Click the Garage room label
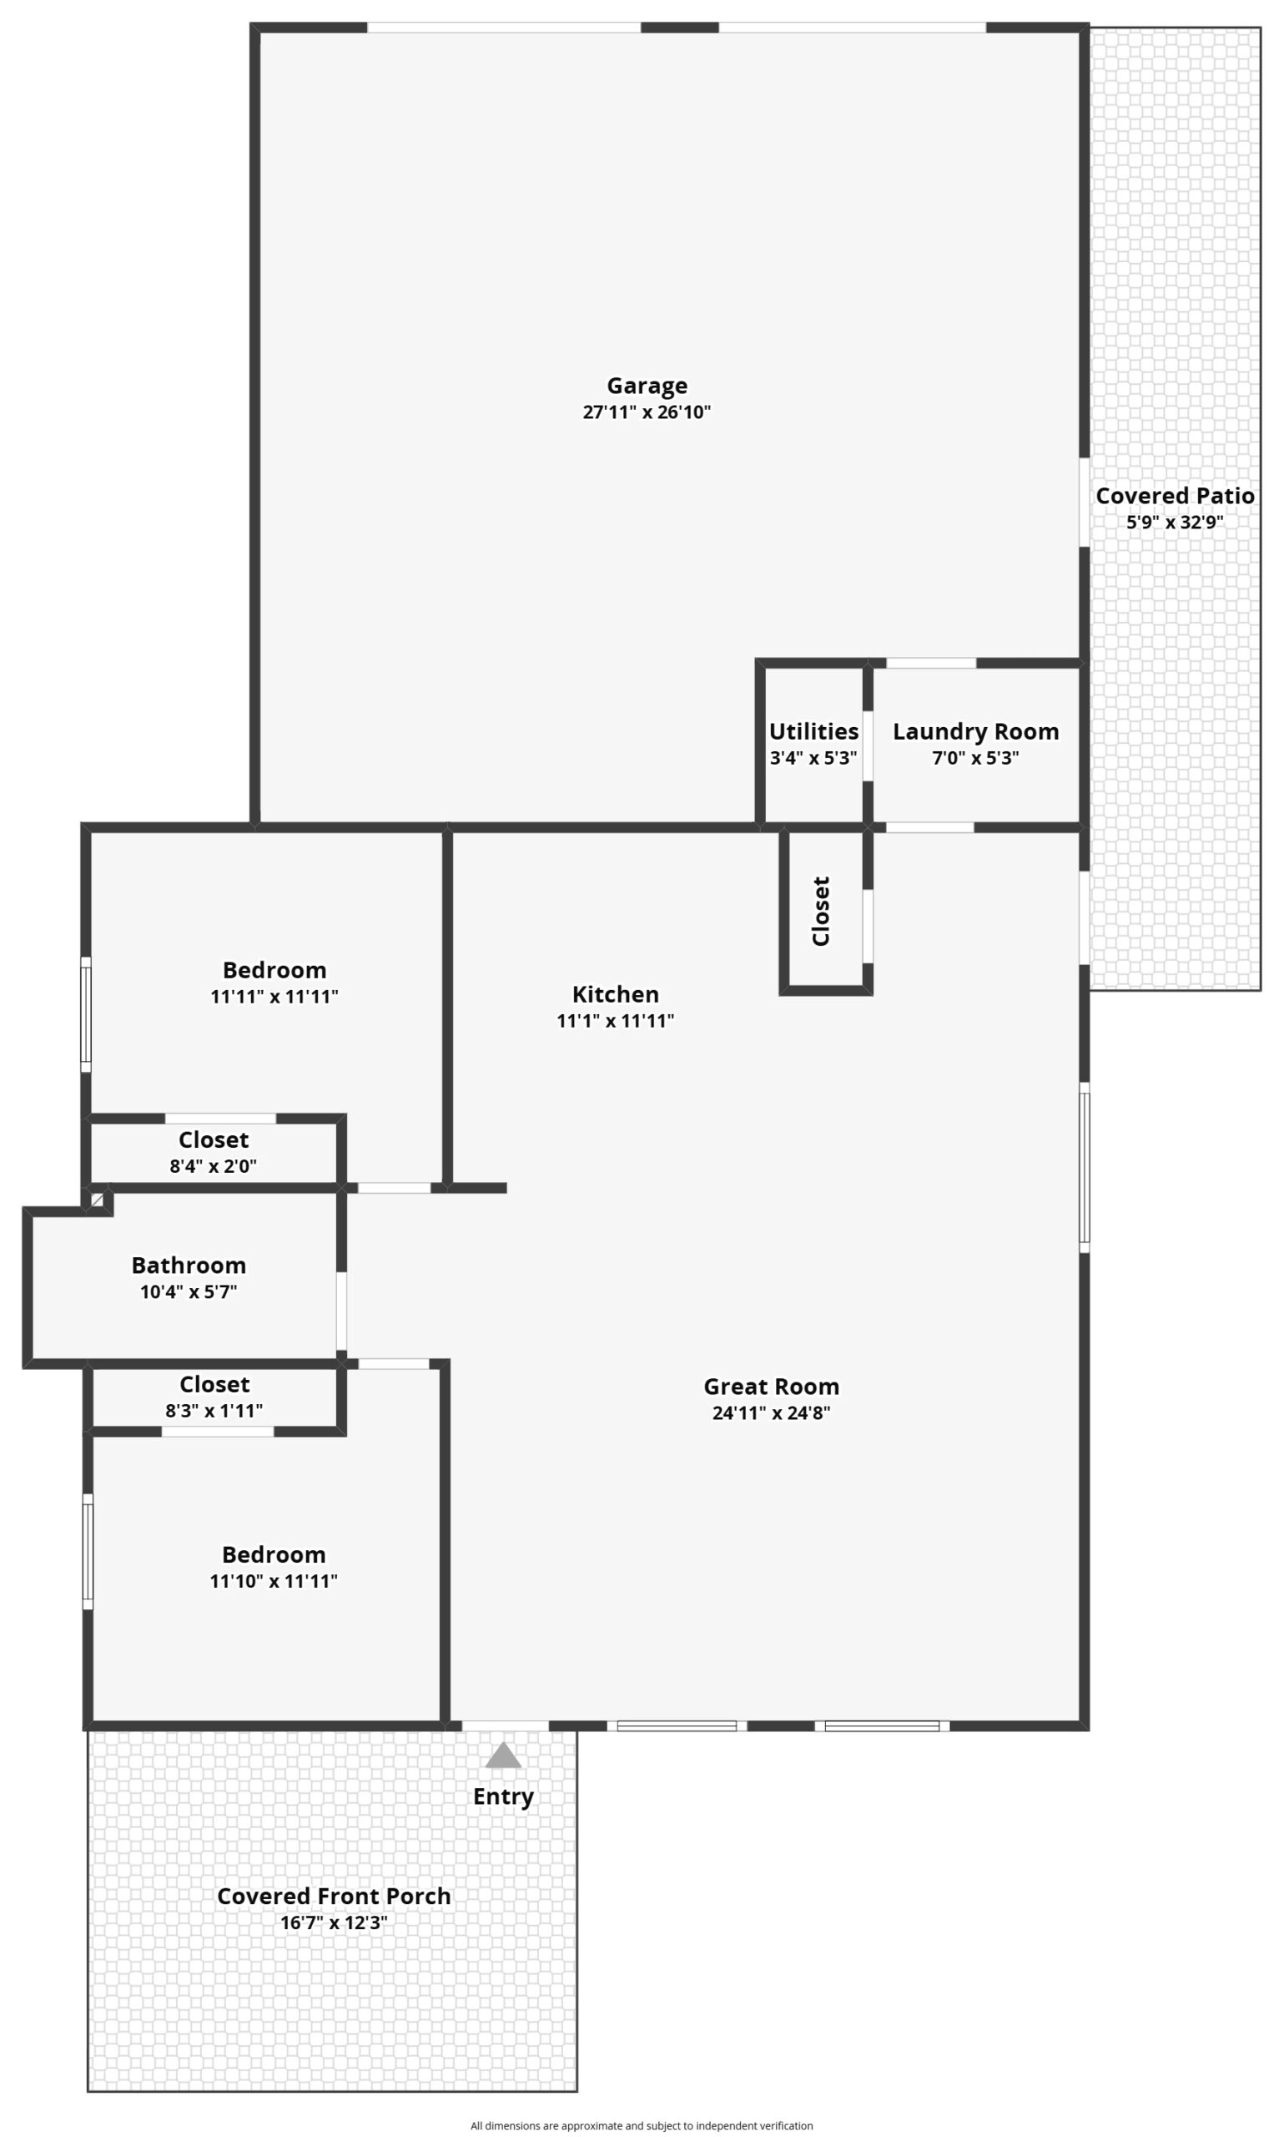647,386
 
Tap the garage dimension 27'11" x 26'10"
647,412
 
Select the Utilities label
813,731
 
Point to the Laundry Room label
975,732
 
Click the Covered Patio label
1174,496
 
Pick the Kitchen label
615,994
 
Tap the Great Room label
771,1387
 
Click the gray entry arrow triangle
503,1756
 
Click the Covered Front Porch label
333,1896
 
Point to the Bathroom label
189,1266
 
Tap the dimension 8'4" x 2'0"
213,1166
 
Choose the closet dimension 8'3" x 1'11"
214,1411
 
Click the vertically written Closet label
820,911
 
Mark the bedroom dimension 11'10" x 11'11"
274,1581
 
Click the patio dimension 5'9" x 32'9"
1174,522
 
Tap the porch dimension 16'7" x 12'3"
333,1922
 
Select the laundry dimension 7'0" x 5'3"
975,758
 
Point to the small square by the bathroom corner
97,1200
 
